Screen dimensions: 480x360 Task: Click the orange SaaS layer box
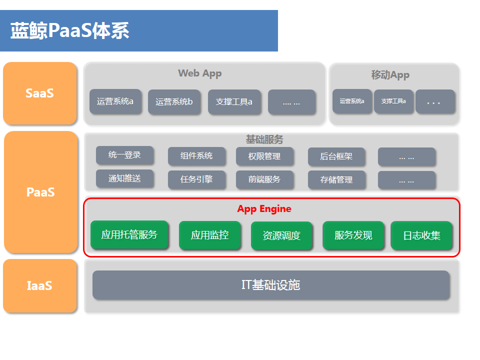coord(40,93)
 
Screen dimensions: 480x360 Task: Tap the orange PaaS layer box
coord(40,192)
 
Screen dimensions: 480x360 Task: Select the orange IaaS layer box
coord(40,285)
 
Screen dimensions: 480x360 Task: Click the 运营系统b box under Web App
coord(174,102)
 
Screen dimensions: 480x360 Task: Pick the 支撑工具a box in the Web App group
coord(234,102)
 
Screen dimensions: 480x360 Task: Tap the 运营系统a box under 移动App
coord(352,101)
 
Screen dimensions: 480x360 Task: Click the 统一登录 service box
coord(124,155)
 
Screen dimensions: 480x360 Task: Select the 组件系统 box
coord(196,156)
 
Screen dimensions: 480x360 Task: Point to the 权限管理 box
coord(264,156)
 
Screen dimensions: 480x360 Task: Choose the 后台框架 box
coord(336,156)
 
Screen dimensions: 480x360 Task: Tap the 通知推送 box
coord(124,178)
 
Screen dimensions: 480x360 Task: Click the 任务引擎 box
coord(196,179)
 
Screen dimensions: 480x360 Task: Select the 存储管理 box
coord(336,179)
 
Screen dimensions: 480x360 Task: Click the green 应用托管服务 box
coord(129,235)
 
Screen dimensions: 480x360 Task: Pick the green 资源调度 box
coord(281,235)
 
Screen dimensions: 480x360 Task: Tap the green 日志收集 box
coord(421,235)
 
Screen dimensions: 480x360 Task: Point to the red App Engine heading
coord(264,209)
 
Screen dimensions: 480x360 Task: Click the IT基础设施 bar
coord(271,285)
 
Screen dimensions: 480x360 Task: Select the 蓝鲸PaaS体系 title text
coord(70,30)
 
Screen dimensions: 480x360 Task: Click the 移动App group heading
coord(390,75)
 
